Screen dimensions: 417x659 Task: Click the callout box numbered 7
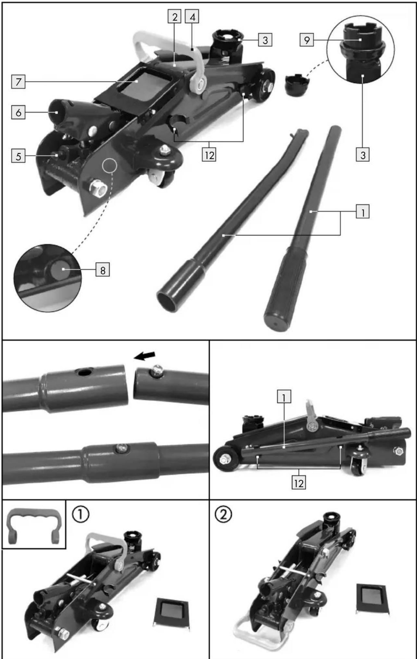pos(18,81)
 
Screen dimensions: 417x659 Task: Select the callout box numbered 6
pos(18,113)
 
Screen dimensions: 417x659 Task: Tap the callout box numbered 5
pos(18,156)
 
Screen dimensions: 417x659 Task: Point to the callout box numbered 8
pos(103,270)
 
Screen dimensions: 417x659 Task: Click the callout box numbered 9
pos(307,40)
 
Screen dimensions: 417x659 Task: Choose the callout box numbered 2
pos(175,17)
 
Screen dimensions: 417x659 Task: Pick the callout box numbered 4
pos(192,17)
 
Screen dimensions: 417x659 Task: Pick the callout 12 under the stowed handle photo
pos(298,483)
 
